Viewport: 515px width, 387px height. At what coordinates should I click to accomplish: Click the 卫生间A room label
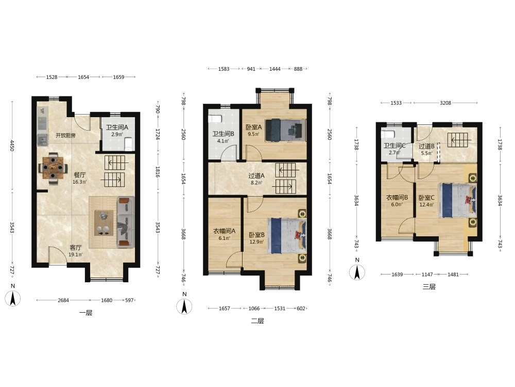(x=117, y=127)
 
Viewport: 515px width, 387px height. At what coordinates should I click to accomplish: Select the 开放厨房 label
(x=66, y=135)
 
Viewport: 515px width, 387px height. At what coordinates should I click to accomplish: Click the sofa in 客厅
(x=126, y=222)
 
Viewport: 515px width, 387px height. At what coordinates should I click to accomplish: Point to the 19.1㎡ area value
(x=76, y=254)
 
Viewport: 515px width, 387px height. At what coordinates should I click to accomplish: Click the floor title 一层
(x=85, y=313)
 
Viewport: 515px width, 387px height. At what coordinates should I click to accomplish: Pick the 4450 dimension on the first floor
(x=12, y=146)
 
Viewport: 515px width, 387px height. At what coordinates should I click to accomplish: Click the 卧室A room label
(x=254, y=127)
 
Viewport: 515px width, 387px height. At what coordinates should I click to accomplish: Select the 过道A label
(x=256, y=176)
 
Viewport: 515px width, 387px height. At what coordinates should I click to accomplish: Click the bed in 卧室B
(x=287, y=236)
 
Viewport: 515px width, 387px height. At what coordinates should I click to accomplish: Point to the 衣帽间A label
(x=225, y=231)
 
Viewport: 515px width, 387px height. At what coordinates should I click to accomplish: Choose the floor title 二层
(x=257, y=321)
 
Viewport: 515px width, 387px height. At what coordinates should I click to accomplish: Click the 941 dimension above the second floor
(x=251, y=69)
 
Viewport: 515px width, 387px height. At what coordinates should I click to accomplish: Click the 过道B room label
(x=426, y=147)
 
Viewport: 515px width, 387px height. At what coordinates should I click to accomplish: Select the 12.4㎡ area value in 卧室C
(x=426, y=205)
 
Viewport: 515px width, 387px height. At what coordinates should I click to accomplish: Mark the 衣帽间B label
(x=397, y=198)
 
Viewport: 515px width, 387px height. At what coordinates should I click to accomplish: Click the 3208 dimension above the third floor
(x=445, y=103)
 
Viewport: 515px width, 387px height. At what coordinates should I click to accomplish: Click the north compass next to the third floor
(x=357, y=272)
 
